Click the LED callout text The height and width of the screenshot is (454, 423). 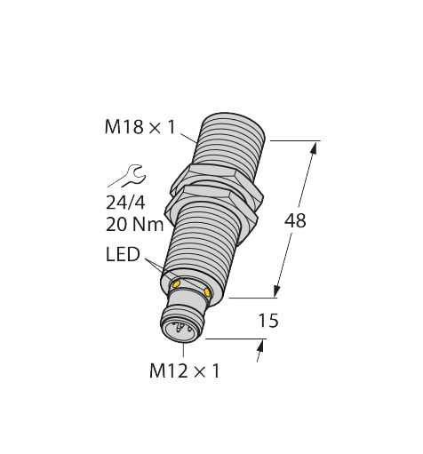pos(122,256)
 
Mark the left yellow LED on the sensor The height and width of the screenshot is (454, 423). pos(176,283)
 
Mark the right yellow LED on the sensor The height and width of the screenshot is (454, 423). pos(207,291)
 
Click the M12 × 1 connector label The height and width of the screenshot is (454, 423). pos(183,371)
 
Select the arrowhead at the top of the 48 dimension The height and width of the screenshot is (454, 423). pos(315,147)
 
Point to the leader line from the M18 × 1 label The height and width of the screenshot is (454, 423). pos(188,137)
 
